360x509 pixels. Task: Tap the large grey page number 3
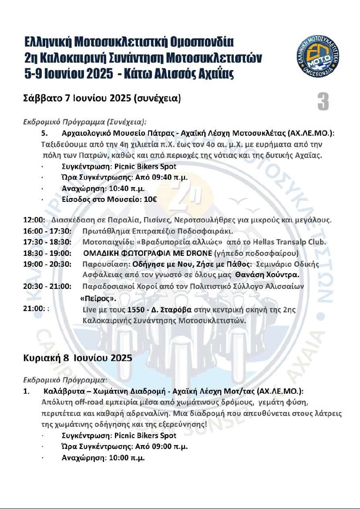click(x=323, y=102)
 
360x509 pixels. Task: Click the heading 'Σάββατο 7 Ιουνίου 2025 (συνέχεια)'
click(x=101, y=98)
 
